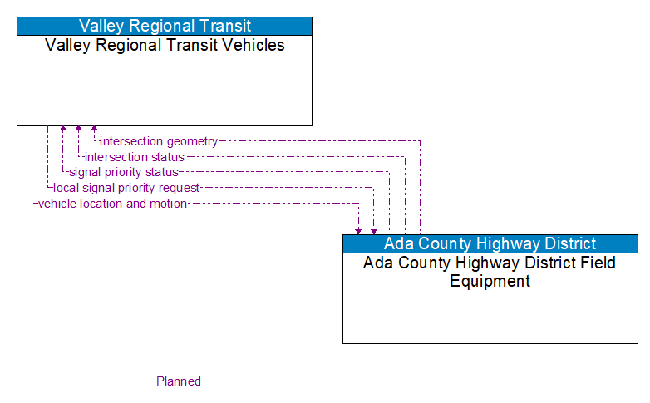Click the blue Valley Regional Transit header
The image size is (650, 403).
click(165, 26)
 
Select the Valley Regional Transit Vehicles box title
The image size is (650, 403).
click(165, 45)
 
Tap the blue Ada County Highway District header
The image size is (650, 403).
click(490, 243)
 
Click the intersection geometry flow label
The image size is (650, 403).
click(159, 141)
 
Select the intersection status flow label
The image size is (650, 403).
click(135, 157)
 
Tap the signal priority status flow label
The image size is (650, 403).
click(124, 172)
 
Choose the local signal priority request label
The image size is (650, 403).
click(126, 188)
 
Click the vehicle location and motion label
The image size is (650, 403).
click(112, 204)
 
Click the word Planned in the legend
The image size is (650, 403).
click(179, 381)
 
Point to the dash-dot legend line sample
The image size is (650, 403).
click(79, 381)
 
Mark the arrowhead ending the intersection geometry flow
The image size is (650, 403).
click(94, 130)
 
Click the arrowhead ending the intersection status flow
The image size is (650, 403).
click(78, 130)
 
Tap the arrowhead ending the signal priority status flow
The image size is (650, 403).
click(63, 130)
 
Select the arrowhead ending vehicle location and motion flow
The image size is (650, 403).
click(358, 230)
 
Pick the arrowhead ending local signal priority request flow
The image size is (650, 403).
click(374, 230)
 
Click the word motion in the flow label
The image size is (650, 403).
click(169, 204)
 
